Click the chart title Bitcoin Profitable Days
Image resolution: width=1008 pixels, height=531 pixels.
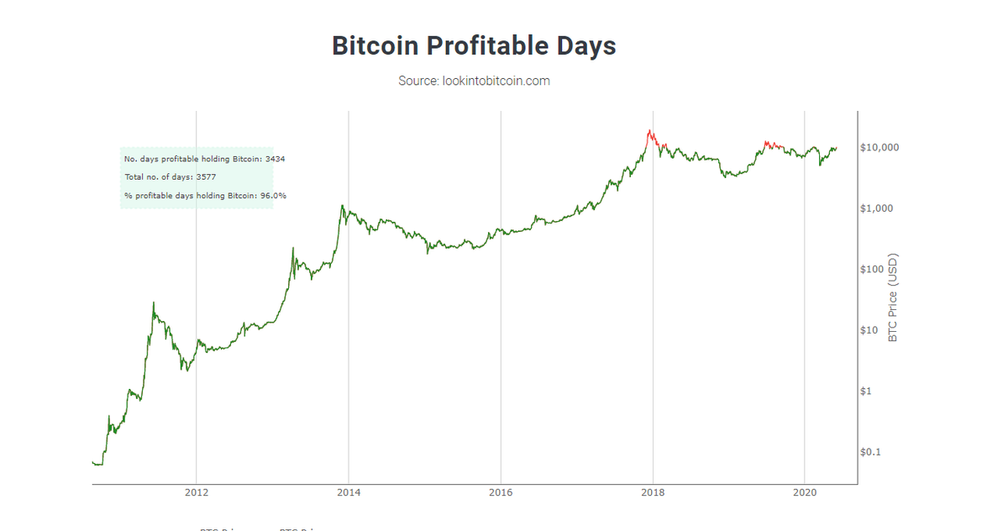pyautogui.click(x=474, y=45)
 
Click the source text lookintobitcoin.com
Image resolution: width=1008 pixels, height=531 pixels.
pyautogui.click(x=474, y=81)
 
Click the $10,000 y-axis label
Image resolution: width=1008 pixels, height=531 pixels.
pyautogui.click(x=880, y=148)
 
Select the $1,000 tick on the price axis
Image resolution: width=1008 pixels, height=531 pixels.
pyautogui.click(x=878, y=208)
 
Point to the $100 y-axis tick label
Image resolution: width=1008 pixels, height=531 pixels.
pyautogui.click(x=874, y=270)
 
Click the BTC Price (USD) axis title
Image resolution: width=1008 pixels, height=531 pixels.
pyautogui.click(x=893, y=297)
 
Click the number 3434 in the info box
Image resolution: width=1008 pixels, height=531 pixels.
pyautogui.click(x=275, y=159)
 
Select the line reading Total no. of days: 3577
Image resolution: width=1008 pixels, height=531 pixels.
pyautogui.click(x=171, y=177)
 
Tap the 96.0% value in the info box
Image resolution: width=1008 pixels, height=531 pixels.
pyautogui.click(x=273, y=196)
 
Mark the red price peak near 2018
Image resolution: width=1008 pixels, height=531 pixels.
pyautogui.click(x=649, y=131)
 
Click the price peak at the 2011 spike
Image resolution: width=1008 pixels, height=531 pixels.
pyautogui.click(x=153, y=303)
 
